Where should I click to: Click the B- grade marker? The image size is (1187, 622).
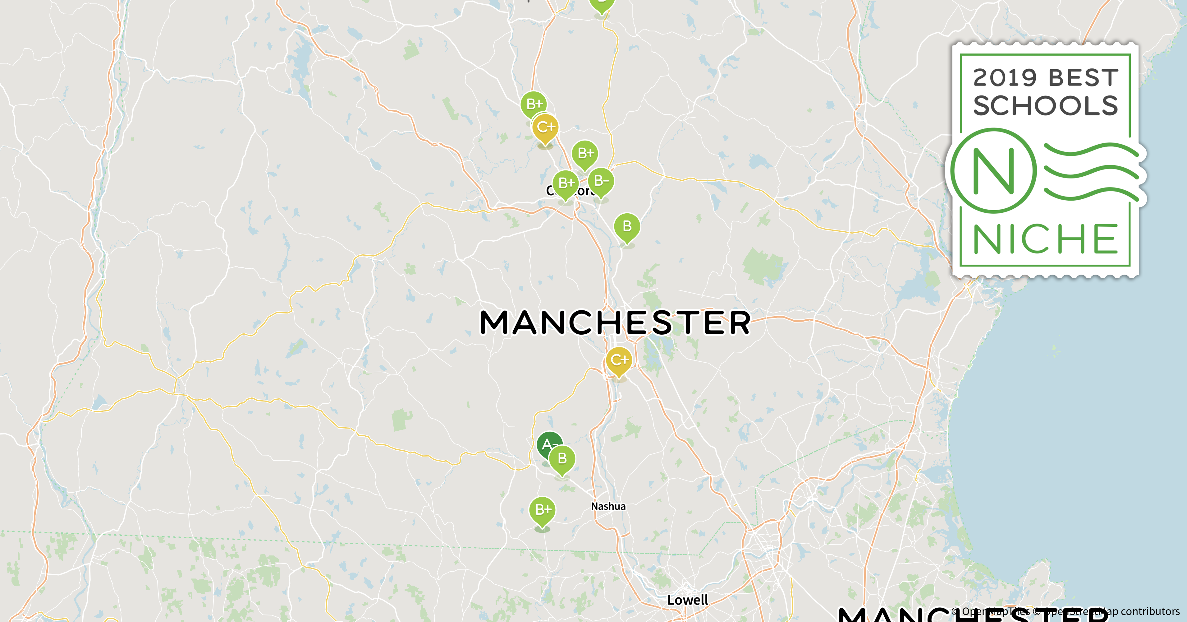601,181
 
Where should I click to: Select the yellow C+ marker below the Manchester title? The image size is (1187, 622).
619,360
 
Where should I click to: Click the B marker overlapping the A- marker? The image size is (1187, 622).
562,459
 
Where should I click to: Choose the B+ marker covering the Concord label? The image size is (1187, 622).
566,183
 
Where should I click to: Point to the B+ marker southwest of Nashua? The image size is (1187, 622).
542,510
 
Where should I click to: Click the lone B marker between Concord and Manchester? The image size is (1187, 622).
627,226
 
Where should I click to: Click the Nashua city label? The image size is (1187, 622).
608,506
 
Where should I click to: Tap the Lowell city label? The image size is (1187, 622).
688,600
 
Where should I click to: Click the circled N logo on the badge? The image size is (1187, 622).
994,171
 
